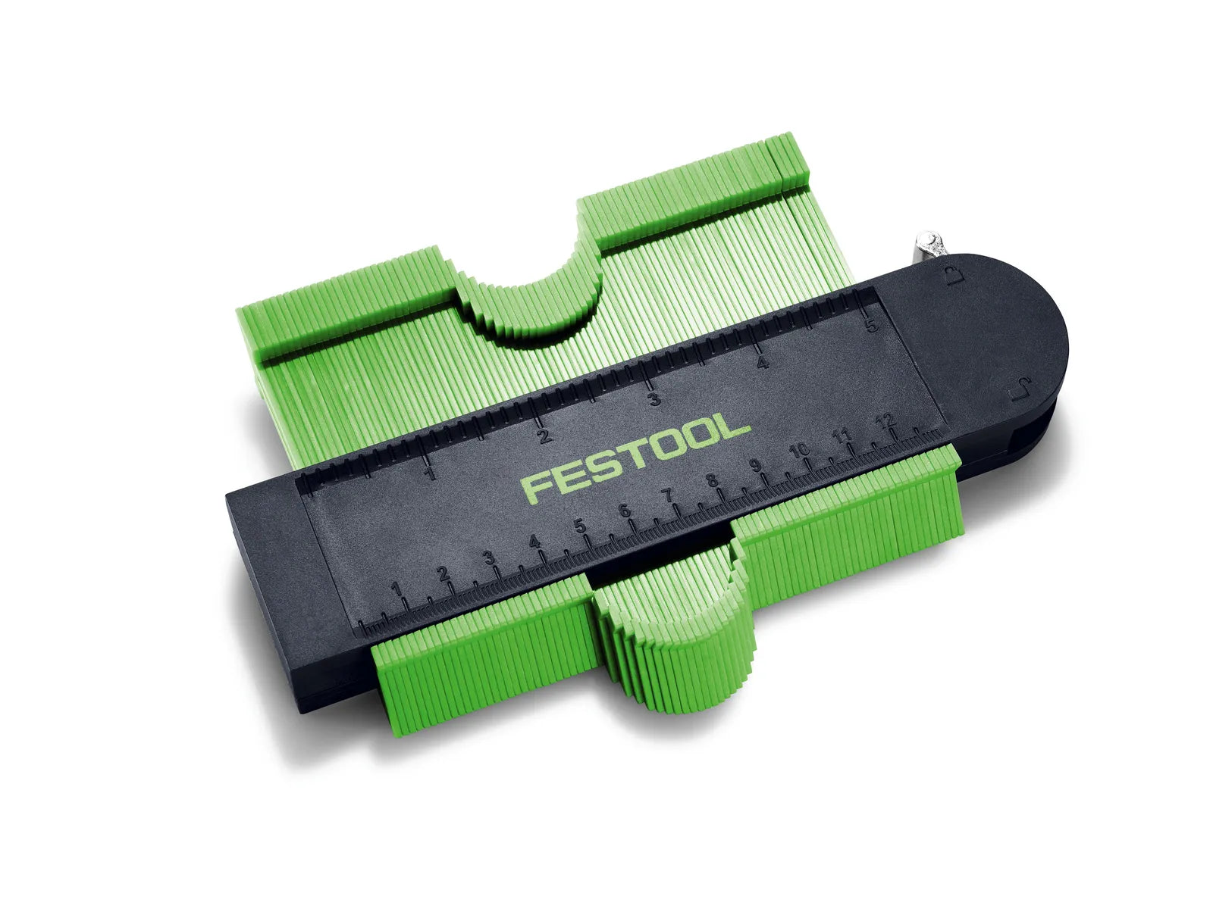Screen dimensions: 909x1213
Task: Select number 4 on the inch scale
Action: click(763, 363)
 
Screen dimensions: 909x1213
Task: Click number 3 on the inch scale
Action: click(654, 399)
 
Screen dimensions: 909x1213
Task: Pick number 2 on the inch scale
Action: click(544, 437)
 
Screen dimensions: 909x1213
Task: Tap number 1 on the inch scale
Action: click(431, 475)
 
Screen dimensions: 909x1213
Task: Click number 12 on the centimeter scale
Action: click(885, 420)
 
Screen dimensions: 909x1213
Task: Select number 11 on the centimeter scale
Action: click(841, 436)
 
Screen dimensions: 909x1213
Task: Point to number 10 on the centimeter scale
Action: click(798, 451)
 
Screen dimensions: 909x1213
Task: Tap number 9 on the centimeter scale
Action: click(755, 466)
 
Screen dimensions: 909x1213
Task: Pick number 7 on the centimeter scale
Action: click(668, 495)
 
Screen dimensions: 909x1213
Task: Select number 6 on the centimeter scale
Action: click(624, 511)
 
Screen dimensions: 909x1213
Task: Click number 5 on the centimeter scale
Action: click(580, 526)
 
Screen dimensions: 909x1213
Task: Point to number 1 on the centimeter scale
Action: click(396, 590)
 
